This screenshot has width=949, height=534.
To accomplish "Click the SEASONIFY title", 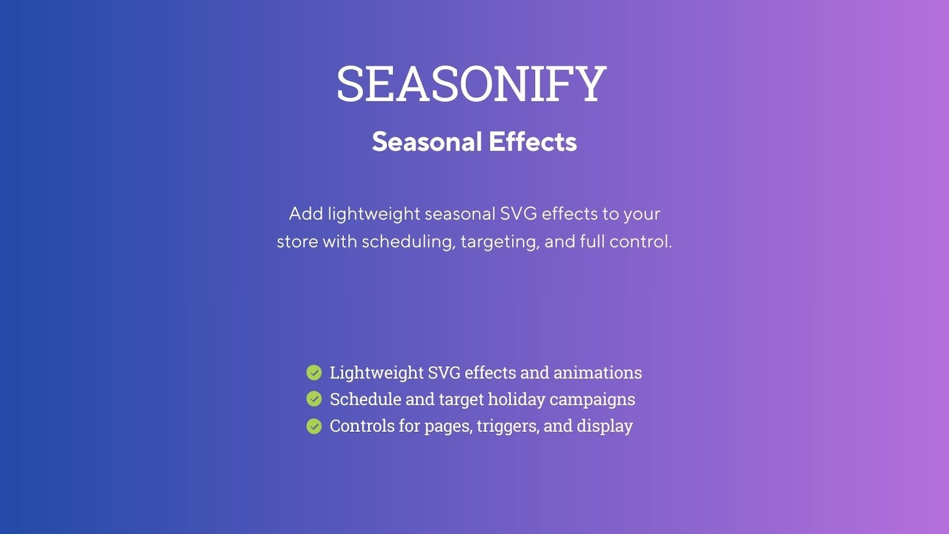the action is coord(472,84).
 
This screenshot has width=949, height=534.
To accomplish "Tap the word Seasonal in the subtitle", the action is coord(427,142).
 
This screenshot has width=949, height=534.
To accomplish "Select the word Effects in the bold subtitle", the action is coord(533,142).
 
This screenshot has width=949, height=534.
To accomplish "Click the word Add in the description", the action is coord(306,214).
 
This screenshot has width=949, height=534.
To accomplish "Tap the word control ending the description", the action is coord(641,241).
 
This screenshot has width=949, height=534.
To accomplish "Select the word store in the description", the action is coord(297,242).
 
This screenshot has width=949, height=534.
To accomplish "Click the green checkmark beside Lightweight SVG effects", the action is coord(314,373).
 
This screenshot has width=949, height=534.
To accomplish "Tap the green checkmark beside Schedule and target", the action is coord(314,399).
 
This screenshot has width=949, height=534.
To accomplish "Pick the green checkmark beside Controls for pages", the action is coord(314,426).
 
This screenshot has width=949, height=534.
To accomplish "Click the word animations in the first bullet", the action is coord(597,373).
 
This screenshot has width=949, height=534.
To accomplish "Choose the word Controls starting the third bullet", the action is coord(362,426).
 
